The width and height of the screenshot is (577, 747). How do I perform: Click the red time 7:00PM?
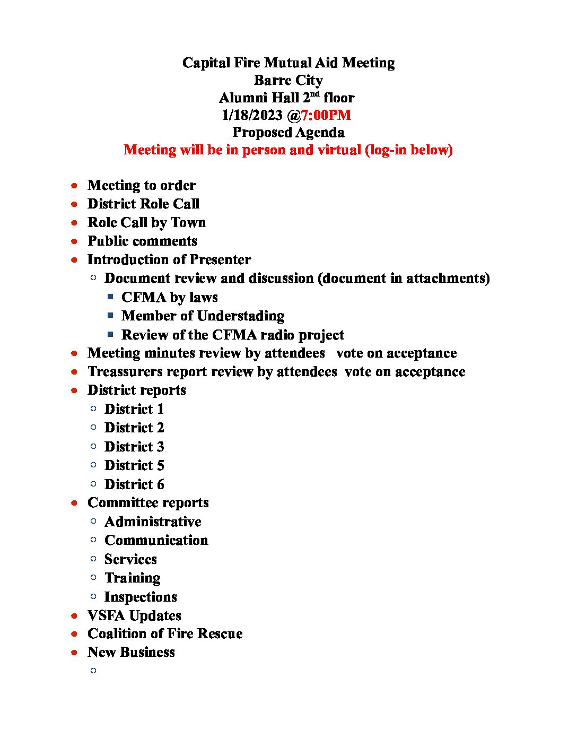coord(326,115)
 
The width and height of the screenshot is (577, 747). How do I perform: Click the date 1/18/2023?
coord(252,115)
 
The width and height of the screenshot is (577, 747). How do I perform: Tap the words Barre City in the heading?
coord(288,80)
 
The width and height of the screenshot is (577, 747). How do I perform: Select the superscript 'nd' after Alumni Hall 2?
coord(315,94)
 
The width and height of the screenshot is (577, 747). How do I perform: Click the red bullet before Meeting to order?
coord(75,186)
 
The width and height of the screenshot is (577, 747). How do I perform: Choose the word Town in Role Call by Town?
coord(188,222)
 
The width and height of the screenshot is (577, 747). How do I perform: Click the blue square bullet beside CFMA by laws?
coord(110,297)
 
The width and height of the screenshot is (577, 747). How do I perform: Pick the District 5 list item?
coord(134,465)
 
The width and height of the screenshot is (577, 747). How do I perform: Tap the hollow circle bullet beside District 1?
coord(93,409)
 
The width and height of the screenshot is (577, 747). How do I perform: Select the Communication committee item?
coord(156,540)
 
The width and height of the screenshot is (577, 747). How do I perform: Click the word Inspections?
coord(141,597)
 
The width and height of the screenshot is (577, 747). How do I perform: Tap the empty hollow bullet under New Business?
coord(93,671)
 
